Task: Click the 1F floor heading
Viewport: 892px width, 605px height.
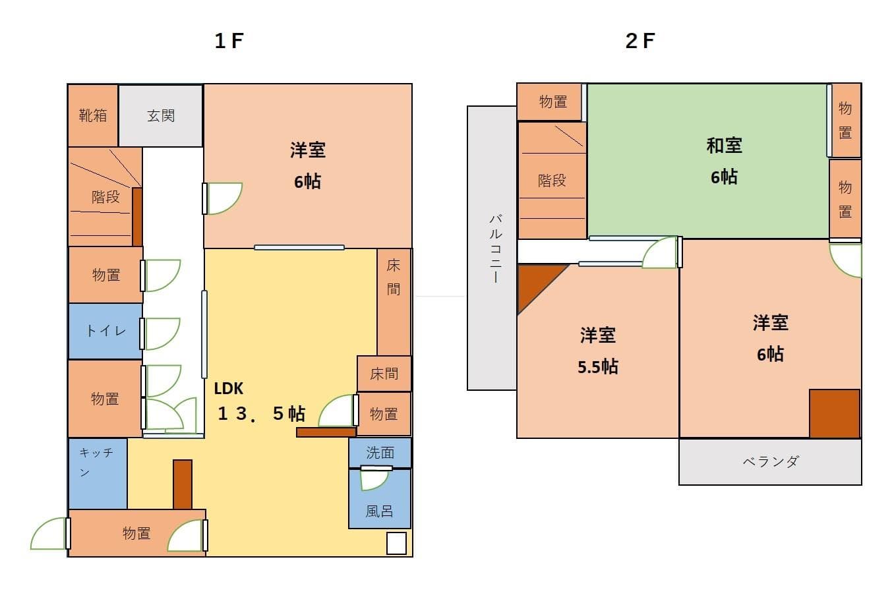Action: click(229, 41)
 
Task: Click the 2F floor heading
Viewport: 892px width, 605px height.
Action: click(639, 41)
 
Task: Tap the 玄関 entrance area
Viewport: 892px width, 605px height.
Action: click(161, 116)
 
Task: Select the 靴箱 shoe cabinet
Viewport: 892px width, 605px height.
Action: click(93, 116)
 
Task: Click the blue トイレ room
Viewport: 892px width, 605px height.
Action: click(105, 331)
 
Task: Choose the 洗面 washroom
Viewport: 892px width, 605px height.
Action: click(380, 453)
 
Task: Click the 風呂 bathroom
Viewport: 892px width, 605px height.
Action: click(379, 510)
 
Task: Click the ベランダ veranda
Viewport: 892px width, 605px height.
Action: click(770, 461)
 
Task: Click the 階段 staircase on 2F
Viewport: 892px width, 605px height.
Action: click(552, 181)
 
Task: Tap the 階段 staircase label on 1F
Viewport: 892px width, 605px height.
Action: click(105, 197)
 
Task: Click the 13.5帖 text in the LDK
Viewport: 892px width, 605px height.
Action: click(262, 414)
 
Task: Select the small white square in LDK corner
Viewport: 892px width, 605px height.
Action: click(396, 543)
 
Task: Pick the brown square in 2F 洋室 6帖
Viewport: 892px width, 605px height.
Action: click(834, 413)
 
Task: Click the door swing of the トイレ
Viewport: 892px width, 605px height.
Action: click(160, 333)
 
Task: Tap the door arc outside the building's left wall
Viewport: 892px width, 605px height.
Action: click(48, 534)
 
